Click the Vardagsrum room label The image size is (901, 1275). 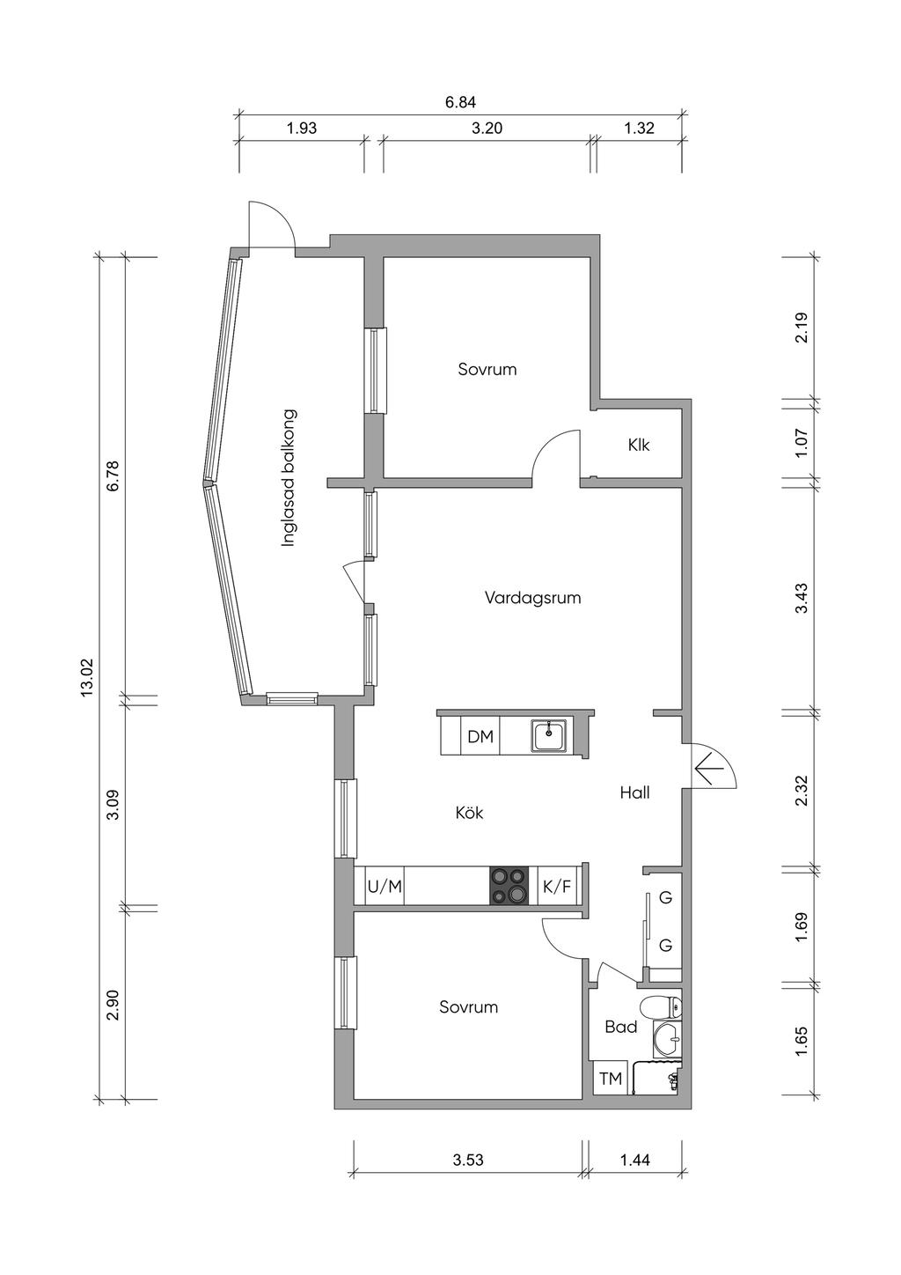coord(532,598)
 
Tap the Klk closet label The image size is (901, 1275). coord(639,445)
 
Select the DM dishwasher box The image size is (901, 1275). coord(480,737)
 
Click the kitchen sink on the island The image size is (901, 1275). coord(549,736)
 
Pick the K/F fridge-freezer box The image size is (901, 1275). coord(557,886)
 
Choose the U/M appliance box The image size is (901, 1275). coord(385,886)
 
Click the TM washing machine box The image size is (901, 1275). coord(611,1079)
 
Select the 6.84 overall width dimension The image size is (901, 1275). coord(460,103)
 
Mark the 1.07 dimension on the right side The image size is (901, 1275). coord(802,443)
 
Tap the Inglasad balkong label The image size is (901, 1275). coord(289,478)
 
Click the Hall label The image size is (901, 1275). coord(634,792)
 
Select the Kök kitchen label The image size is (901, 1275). coord(469,812)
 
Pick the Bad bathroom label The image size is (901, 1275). coord(620,1028)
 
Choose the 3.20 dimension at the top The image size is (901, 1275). coord(487,128)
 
